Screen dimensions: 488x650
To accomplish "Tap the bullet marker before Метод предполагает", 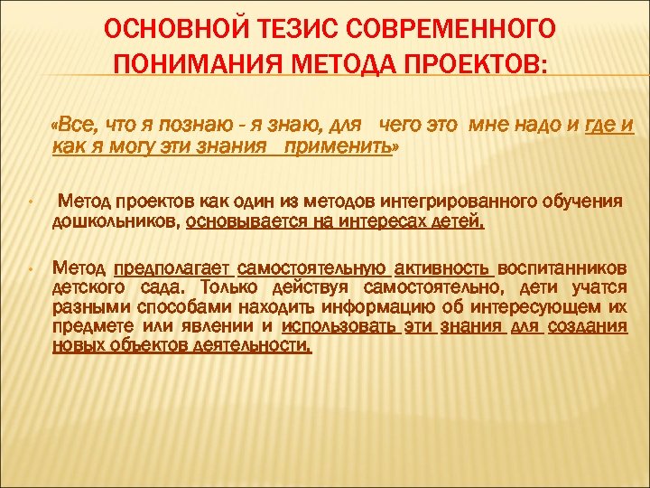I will point(30,269).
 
